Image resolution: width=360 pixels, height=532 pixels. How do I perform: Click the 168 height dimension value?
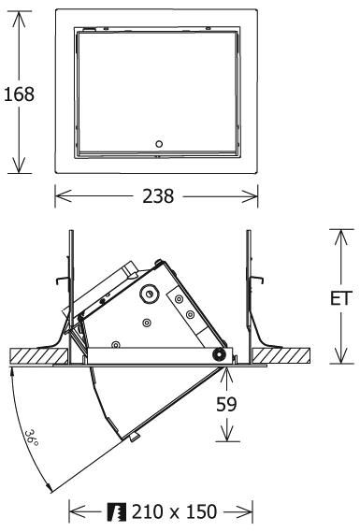[x=19, y=94]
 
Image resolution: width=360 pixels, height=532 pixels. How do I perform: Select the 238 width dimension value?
[x=158, y=196]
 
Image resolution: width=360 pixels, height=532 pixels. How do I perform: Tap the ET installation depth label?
[x=340, y=298]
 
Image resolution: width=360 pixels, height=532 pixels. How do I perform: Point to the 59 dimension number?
[x=226, y=404]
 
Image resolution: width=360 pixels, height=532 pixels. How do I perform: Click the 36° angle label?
[x=32, y=438]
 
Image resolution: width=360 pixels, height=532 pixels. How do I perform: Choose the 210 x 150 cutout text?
[x=174, y=511]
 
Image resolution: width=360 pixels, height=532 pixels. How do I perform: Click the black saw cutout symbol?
[x=117, y=512]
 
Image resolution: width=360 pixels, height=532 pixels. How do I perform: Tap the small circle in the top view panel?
[x=159, y=144]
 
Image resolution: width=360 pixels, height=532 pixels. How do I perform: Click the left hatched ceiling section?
[x=39, y=356]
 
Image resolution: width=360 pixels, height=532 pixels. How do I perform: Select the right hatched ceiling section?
[x=281, y=355]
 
